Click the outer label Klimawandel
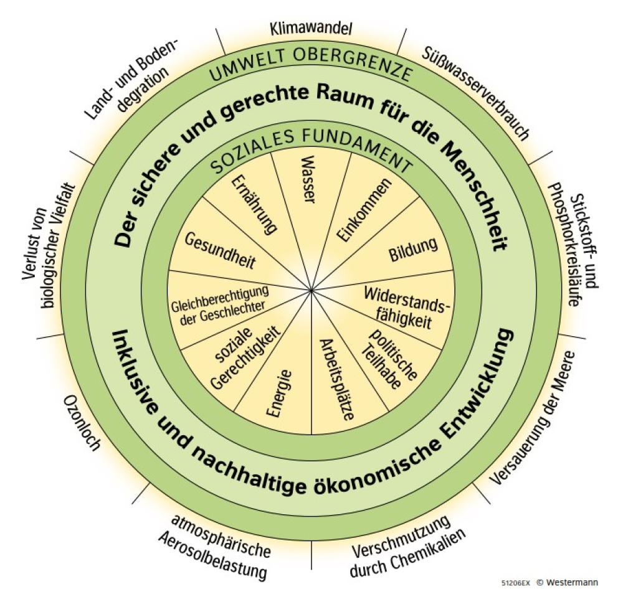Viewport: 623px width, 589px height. (311, 28)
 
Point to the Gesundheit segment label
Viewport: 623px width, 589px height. (212, 249)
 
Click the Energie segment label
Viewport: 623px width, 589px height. (278, 393)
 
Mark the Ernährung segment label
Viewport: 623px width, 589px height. (255, 205)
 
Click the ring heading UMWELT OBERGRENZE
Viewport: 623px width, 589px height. (311, 73)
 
